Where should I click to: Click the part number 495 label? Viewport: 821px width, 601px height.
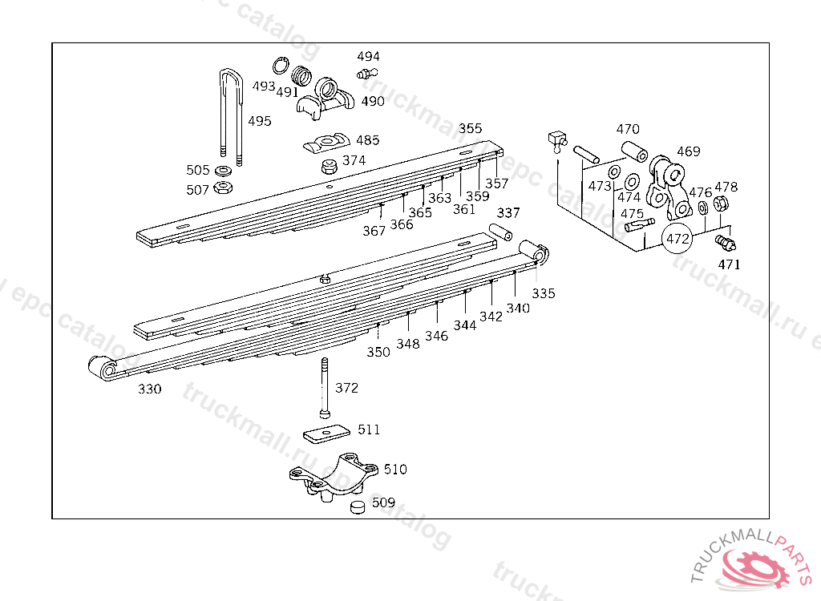(260, 121)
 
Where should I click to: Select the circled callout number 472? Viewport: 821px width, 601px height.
(677, 239)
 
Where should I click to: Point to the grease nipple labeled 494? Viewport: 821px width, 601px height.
(366, 73)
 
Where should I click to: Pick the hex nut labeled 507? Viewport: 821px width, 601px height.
(223, 187)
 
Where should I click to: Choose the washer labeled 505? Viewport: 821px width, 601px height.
(224, 171)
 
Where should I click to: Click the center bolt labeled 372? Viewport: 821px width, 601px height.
(325, 388)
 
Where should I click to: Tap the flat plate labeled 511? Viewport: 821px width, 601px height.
(327, 433)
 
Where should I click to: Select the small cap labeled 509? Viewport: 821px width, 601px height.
(358, 506)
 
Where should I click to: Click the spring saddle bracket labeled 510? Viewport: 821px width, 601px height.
(334, 478)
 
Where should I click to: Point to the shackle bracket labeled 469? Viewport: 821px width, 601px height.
(669, 188)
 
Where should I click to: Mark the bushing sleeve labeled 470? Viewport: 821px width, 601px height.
(634, 151)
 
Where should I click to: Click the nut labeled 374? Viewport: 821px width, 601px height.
(329, 167)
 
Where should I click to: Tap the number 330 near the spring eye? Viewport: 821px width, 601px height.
(150, 389)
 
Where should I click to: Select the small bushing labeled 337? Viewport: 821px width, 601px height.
(500, 232)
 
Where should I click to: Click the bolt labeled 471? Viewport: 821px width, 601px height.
(726, 243)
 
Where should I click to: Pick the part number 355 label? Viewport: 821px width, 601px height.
(470, 128)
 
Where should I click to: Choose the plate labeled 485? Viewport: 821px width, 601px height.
(327, 143)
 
